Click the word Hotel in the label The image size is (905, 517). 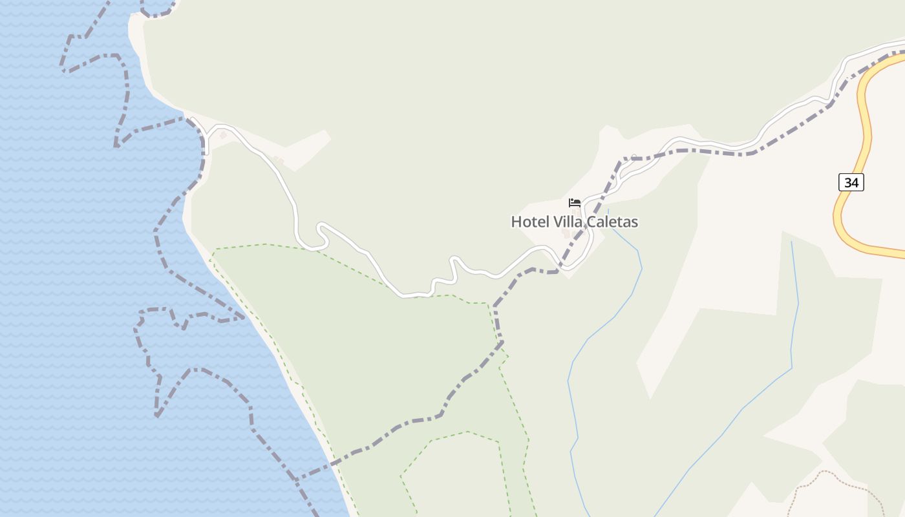tap(529, 222)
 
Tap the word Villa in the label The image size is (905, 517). tap(566, 222)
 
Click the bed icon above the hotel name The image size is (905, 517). tap(575, 203)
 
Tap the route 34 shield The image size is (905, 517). tap(851, 182)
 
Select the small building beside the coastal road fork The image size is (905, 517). tap(224, 134)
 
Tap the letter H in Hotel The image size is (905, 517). tap(516, 222)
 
